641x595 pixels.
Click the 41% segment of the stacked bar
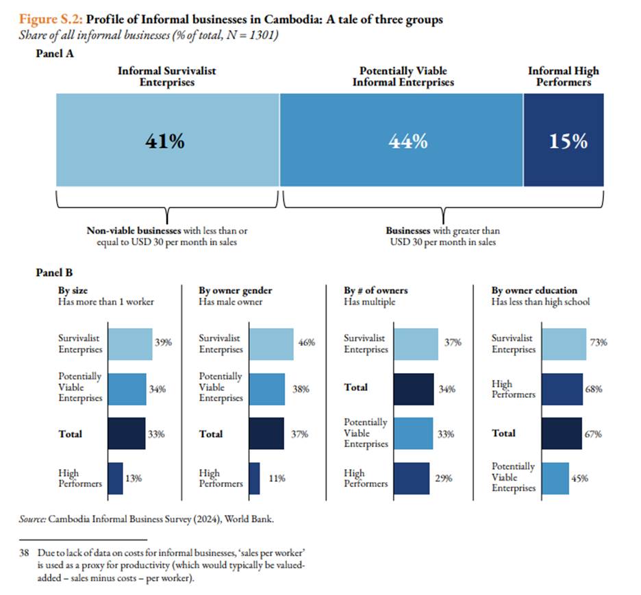167,140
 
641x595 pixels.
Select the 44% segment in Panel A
401,140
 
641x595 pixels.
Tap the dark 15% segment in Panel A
563,140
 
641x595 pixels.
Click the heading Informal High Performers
563,77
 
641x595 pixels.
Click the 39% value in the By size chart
164,344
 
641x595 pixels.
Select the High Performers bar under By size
115,478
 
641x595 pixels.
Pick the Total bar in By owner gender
266,433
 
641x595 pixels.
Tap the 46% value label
306,344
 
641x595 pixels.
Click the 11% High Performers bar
254,478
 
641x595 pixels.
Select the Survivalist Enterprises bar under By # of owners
416,344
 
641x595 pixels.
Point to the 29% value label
444,479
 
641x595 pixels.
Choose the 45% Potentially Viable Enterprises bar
556,478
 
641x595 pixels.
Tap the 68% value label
594,389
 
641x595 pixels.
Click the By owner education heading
534,290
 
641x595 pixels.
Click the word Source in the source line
32,520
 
